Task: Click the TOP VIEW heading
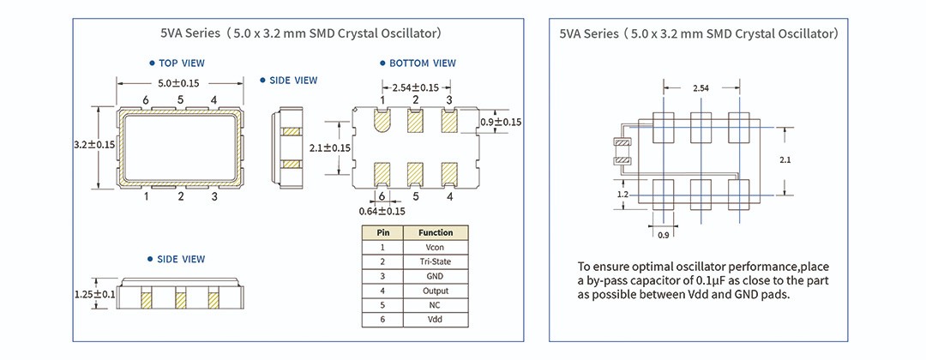click(x=181, y=63)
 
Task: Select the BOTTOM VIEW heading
click(x=422, y=63)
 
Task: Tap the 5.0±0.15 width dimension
click(x=178, y=83)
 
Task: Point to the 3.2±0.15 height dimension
click(x=94, y=146)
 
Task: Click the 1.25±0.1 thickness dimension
click(x=94, y=295)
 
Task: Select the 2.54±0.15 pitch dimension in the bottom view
click(x=415, y=87)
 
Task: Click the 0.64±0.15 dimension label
click(x=382, y=211)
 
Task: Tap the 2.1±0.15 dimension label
click(x=329, y=147)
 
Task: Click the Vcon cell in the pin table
click(x=435, y=247)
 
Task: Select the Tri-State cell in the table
click(x=435, y=261)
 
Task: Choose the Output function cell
click(x=435, y=291)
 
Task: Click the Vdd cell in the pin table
click(x=435, y=320)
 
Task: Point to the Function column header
click(x=435, y=232)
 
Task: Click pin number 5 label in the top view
click(x=181, y=100)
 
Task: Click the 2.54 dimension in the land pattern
click(x=700, y=87)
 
